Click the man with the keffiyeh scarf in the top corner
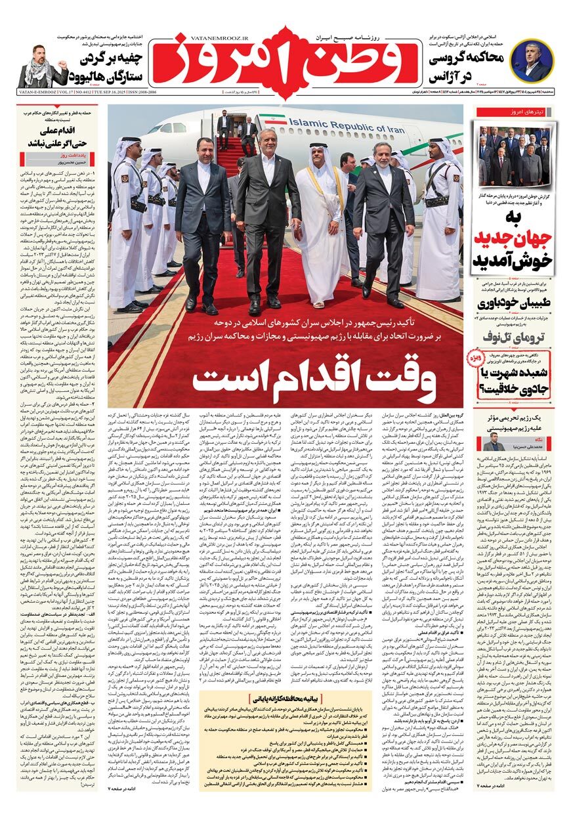[41, 67]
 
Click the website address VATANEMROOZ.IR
[194, 39]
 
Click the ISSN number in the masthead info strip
[142, 95]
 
